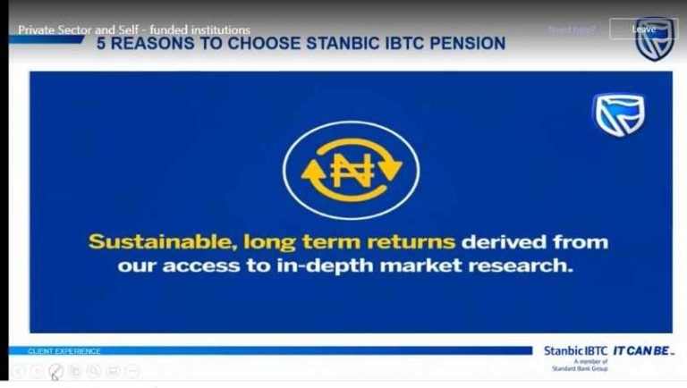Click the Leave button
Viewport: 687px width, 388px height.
(x=643, y=30)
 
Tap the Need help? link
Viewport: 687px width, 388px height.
(x=572, y=30)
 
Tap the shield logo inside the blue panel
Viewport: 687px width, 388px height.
(x=619, y=115)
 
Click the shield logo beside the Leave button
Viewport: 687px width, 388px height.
(x=656, y=38)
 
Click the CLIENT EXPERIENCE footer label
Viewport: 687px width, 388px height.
(x=64, y=351)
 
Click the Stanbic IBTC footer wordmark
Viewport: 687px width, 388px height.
(x=575, y=350)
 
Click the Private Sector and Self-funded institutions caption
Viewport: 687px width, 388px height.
(x=134, y=30)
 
